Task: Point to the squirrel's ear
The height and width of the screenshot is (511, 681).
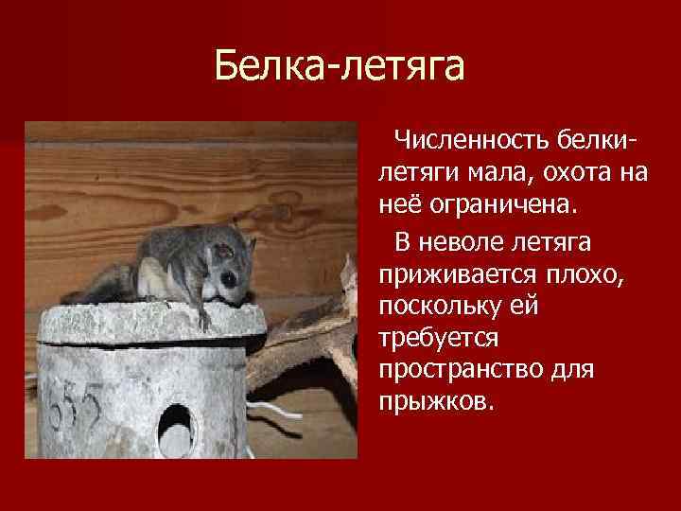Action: tap(220, 253)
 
